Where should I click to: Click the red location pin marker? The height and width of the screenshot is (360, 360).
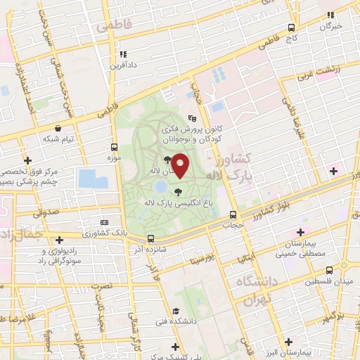pos(180,165)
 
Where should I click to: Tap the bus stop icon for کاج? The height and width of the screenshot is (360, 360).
pos(291,28)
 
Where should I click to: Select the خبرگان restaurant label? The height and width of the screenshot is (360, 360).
pos(330,26)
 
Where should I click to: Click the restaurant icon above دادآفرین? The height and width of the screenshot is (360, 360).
pos(122,53)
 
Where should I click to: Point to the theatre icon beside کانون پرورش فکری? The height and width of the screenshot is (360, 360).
pos(193,119)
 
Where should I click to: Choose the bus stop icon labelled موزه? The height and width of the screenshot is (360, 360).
pos(114,148)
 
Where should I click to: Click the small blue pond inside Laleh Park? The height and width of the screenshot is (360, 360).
pos(161,187)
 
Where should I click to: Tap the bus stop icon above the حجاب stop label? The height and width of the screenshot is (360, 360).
pos(233,214)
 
